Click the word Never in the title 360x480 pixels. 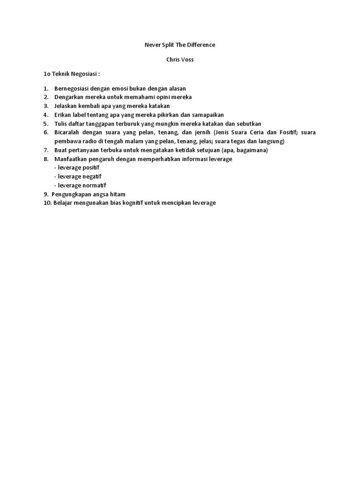pyautogui.click(x=151, y=45)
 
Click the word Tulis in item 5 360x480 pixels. pyautogui.click(x=61, y=123)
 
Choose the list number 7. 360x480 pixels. pyautogui.click(x=46, y=150)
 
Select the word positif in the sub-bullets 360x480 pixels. pyautogui.click(x=91, y=167)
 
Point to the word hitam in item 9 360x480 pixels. pyautogui.click(x=117, y=194)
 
